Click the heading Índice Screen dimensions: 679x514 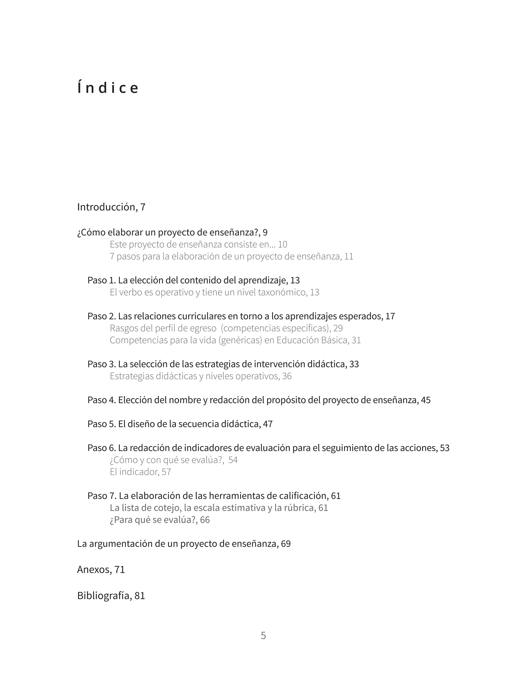pyautogui.click(x=108, y=88)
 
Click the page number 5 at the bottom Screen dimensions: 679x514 pyautogui.click(x=263, y=635)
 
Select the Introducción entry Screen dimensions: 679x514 pyautogui.click(x=111, y=207)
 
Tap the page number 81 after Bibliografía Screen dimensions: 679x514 pyautogui.click(x=140, y=596)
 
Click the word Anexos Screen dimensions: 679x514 pyautogui.click(x=94, y=570)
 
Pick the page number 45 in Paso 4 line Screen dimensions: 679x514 pyautogui.click(x=426, y=400)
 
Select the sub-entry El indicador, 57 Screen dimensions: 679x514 pyautogui.click(x=140, y=472)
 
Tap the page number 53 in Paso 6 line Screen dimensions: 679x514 pyautogui.click(x=445, y=448)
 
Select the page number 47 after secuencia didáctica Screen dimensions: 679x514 pyautogui.click(x=268, y=424)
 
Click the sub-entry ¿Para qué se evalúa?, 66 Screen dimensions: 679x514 pyautogui.click(x=160, y=520)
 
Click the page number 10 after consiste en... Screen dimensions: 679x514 pyautogui.click(x=282, y=244)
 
